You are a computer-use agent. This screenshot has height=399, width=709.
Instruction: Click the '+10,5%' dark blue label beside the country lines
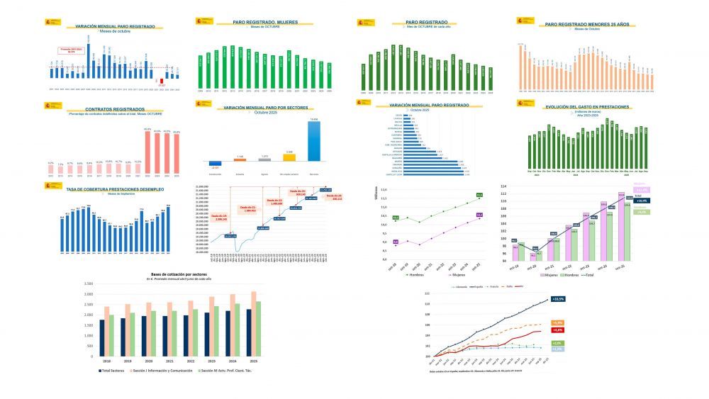click(557, 300)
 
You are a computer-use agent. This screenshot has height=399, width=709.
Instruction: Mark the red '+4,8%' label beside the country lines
click(557, 330)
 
